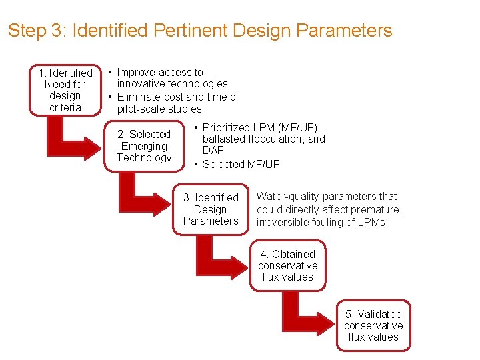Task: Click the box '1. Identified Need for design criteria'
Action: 65,90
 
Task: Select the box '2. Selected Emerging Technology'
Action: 144,146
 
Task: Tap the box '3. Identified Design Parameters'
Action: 211,209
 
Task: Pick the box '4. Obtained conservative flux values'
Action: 288,265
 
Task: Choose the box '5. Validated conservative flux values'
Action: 373,325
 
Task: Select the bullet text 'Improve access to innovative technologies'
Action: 171,78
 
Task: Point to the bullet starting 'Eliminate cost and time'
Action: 177,103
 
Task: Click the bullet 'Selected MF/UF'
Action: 241,164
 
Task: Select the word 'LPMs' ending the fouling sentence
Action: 371,222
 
